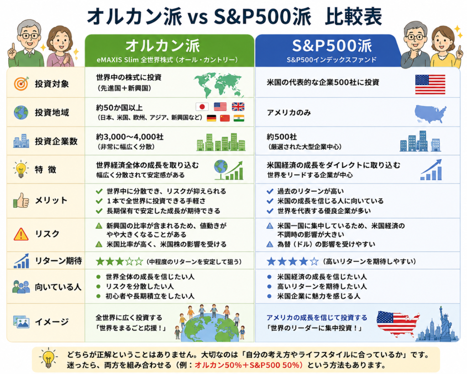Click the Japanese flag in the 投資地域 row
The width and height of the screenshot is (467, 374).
click(x=202, y=107)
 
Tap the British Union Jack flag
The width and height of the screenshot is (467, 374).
click(x=238, y=107)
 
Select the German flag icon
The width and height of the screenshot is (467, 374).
click(x=212, y=118)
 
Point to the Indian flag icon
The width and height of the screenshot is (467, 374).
click(x=239, y=118)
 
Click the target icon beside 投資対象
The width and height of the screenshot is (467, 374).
click(x=21, y=84)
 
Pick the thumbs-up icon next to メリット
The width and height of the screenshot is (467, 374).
click(x=21, y=200)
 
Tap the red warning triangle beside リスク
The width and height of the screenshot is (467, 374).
click(x=21, y=234)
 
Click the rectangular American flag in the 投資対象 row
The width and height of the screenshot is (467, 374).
click(x=430, y=84)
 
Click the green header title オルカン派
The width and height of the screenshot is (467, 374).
click(x=163, y=46)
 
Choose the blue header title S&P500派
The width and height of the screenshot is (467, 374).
click(x=332, y=45)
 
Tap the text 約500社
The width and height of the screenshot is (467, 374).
click(x=282, y=137)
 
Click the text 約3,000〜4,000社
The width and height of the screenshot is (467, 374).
click(x=130, y=137)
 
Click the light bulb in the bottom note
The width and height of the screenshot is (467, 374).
click(x=47, y=358)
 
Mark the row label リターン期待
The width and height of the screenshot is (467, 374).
click(x=58, y=261)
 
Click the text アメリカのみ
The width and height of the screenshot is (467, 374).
click(x=289, y=112)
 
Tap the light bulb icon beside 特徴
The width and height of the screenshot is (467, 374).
click(x=21, y=169)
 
